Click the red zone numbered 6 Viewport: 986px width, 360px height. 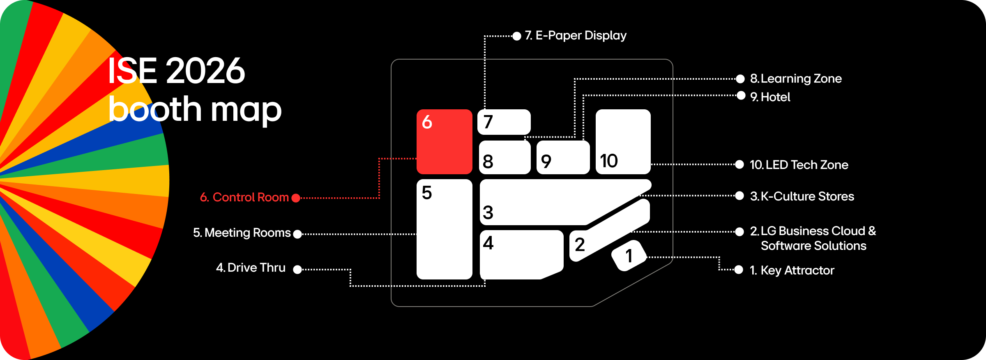click(444, 141)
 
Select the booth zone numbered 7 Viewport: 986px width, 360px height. click(504, 122)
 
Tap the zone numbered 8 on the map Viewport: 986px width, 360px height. click(505, 158)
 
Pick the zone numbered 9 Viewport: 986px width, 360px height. click(563, 158)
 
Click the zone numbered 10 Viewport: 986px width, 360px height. click(623, 141)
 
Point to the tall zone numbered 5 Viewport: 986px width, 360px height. click(444, 229)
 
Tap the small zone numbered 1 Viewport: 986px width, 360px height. click(629, 256)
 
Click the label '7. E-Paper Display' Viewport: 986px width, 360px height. click(576, 36)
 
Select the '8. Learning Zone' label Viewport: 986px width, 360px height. click(796, 78)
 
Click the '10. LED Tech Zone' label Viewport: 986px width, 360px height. click(799, 165)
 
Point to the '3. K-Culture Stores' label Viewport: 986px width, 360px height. click(802, 196)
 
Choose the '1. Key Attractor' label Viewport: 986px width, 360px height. click(792, 270)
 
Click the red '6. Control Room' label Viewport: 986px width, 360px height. click(244, 198)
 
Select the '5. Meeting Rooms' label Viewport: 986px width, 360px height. click(242, 233)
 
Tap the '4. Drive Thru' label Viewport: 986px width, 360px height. click(251, 268)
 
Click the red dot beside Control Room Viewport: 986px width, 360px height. click(296, 198)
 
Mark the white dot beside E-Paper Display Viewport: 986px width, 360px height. click(517, 36)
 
